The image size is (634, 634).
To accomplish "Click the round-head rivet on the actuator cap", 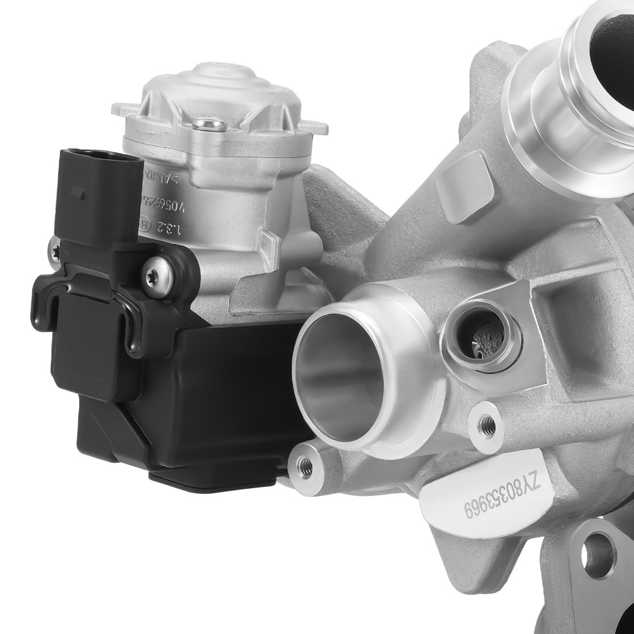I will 209,124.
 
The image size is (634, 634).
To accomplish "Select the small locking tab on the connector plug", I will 75,189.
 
